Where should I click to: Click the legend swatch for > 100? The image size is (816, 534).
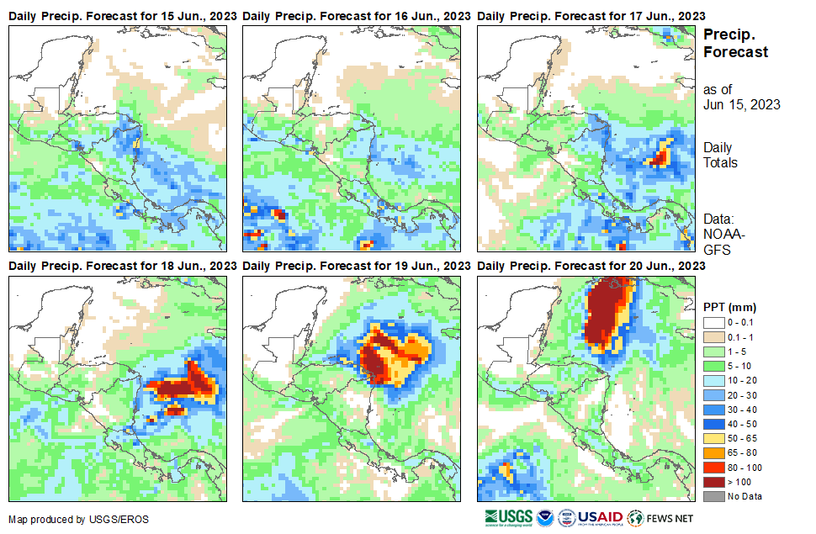[x=715, y=482]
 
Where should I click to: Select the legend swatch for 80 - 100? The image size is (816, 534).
[x=715, y=468]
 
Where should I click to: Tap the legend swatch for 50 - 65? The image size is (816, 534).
[x=715, y=438]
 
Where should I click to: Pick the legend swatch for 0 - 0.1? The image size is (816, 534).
[x=715, y=322]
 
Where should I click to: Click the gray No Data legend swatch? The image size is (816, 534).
[x=715, y=496]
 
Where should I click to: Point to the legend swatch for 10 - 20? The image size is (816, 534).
[x=715, y=380]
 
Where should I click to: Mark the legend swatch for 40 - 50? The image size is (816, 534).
[x=715, y=424]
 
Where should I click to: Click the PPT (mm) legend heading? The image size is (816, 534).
[x=730, y=306]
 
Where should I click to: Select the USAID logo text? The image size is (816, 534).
[x=600, y=516]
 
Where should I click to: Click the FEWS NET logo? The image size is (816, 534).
[x=660, y=516]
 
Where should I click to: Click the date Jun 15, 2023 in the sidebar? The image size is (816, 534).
[x=741, y=105]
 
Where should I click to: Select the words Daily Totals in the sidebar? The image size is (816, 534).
[x=720, y=155]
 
